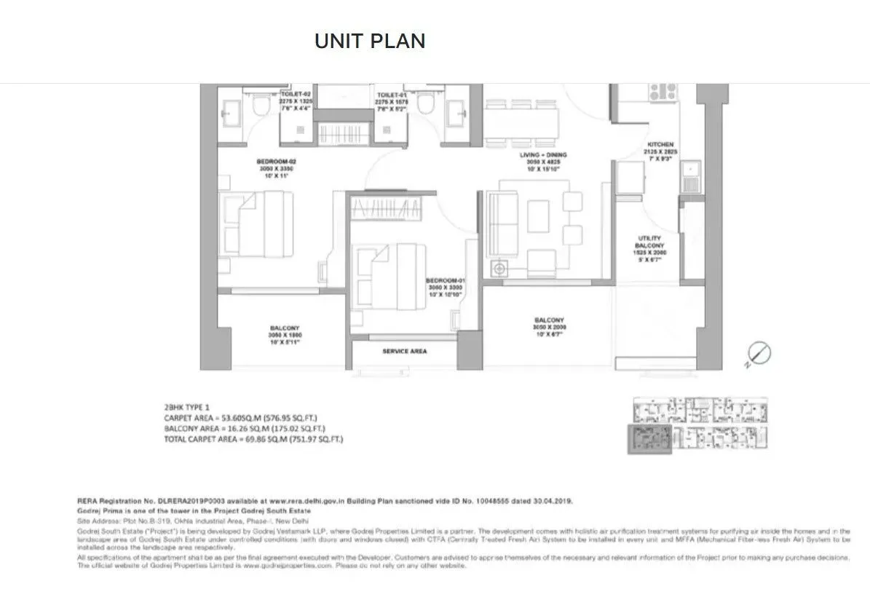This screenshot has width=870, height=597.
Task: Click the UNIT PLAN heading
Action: [x=370, y=41]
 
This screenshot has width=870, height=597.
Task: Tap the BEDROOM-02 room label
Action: [x=276, y=162]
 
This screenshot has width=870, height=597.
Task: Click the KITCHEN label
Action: [x=661, y=145]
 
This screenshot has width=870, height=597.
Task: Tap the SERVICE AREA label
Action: [x=405, y=351]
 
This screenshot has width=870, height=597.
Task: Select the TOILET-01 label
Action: [x=391, y=95]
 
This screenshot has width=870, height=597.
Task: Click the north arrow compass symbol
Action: [x=759, y=355]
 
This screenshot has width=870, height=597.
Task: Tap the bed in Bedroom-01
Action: [x=389, y=272]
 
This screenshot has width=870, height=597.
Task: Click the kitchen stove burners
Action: [x=663, y=92]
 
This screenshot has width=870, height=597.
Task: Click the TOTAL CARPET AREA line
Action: [x=253, y=440]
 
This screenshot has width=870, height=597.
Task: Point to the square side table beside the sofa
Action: [x=500, y=269]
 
